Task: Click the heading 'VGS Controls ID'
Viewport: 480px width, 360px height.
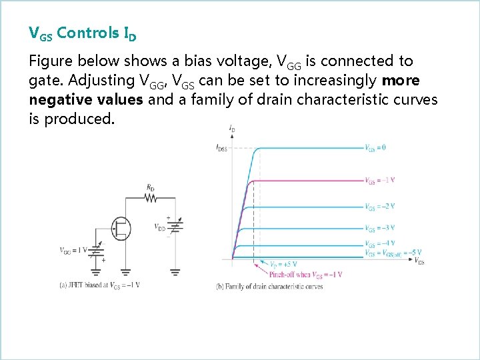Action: click(83, 33)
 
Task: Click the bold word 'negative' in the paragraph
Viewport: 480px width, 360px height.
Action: click(55, 100)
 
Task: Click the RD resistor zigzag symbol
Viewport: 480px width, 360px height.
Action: click(151, 197)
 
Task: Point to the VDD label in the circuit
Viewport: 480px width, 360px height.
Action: click(160, 227)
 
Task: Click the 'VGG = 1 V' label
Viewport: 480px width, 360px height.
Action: click(73, 251)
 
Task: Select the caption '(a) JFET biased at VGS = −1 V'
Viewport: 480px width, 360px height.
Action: click(99, 285)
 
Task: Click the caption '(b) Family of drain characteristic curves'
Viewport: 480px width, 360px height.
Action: click(269, 287)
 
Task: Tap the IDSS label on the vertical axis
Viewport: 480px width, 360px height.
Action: click(222, 149)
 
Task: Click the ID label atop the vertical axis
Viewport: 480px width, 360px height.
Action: click(231, 127)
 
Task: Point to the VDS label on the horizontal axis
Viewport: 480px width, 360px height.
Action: click(419, 261)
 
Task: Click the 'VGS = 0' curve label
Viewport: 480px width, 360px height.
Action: click(375, 148)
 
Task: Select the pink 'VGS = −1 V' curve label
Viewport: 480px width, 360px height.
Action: click(379, 180)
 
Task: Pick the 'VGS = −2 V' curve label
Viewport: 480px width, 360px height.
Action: click(379, 206)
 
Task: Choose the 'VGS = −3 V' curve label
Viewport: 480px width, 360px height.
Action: click(379, 228)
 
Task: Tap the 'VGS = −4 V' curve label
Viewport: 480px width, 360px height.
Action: click(379, 243)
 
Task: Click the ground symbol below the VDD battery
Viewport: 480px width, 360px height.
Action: click(175, 271)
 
